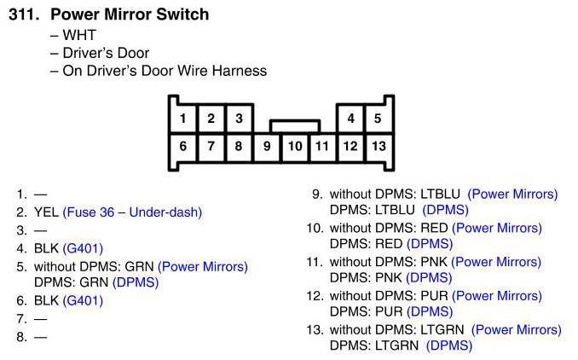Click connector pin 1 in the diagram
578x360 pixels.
click(x=183, y=119)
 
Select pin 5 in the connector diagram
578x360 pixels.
click(x=378, y=119)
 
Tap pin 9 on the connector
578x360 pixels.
click(x=267, y=146)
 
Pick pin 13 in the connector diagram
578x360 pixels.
click(x=378, y=146)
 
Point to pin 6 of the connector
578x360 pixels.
click(x=183, y=146)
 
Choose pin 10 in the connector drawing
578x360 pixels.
click(x=295, y=146)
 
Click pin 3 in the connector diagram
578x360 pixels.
click(x=239, y=119)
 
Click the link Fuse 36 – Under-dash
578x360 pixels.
click(x=132, y=212)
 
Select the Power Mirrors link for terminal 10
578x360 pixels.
click(x=497, y=228)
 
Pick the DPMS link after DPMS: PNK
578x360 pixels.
click(x=430, y=277)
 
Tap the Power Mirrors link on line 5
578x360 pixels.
click(x=203, y=266)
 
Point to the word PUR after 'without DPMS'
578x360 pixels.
click(x=435, y=295)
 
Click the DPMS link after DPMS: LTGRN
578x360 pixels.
click(x=449, y=345)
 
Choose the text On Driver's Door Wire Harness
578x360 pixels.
click(x=165, y=71)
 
